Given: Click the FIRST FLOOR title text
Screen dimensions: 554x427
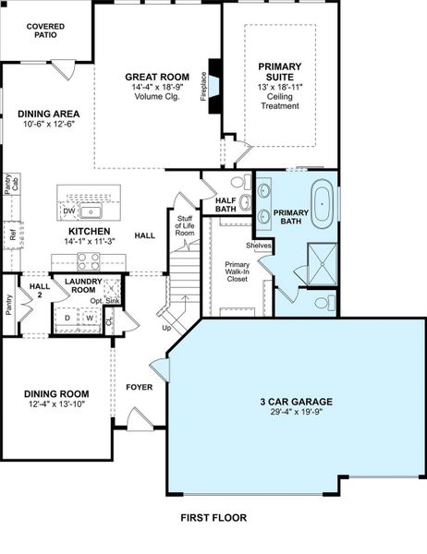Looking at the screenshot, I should tap(213, 518).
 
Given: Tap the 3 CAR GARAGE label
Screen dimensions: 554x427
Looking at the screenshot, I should tap(296, 402).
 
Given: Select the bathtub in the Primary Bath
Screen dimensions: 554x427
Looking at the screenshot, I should tap(322, 205).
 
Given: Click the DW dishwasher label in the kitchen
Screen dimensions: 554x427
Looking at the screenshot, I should tap(69, 211).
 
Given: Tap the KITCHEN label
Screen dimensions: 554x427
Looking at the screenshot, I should tap(90, 231).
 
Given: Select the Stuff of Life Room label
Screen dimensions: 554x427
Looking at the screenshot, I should tap(185, 226).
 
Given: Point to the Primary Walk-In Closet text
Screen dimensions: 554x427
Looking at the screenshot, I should tap(237, 271).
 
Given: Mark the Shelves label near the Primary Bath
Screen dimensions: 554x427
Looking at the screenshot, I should tap(259, 246).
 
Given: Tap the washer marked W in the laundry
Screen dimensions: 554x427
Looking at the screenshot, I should tap(91, 319).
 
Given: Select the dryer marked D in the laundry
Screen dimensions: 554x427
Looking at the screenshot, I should tap(67, 319).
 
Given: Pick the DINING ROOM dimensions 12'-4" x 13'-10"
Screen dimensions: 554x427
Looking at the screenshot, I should tap(55, 404).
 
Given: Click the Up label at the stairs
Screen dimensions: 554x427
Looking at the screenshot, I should tap(166, 328).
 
